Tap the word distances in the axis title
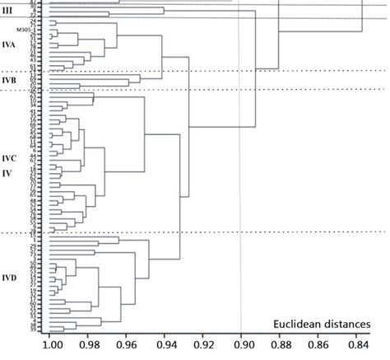348,325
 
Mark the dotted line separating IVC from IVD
206,233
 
